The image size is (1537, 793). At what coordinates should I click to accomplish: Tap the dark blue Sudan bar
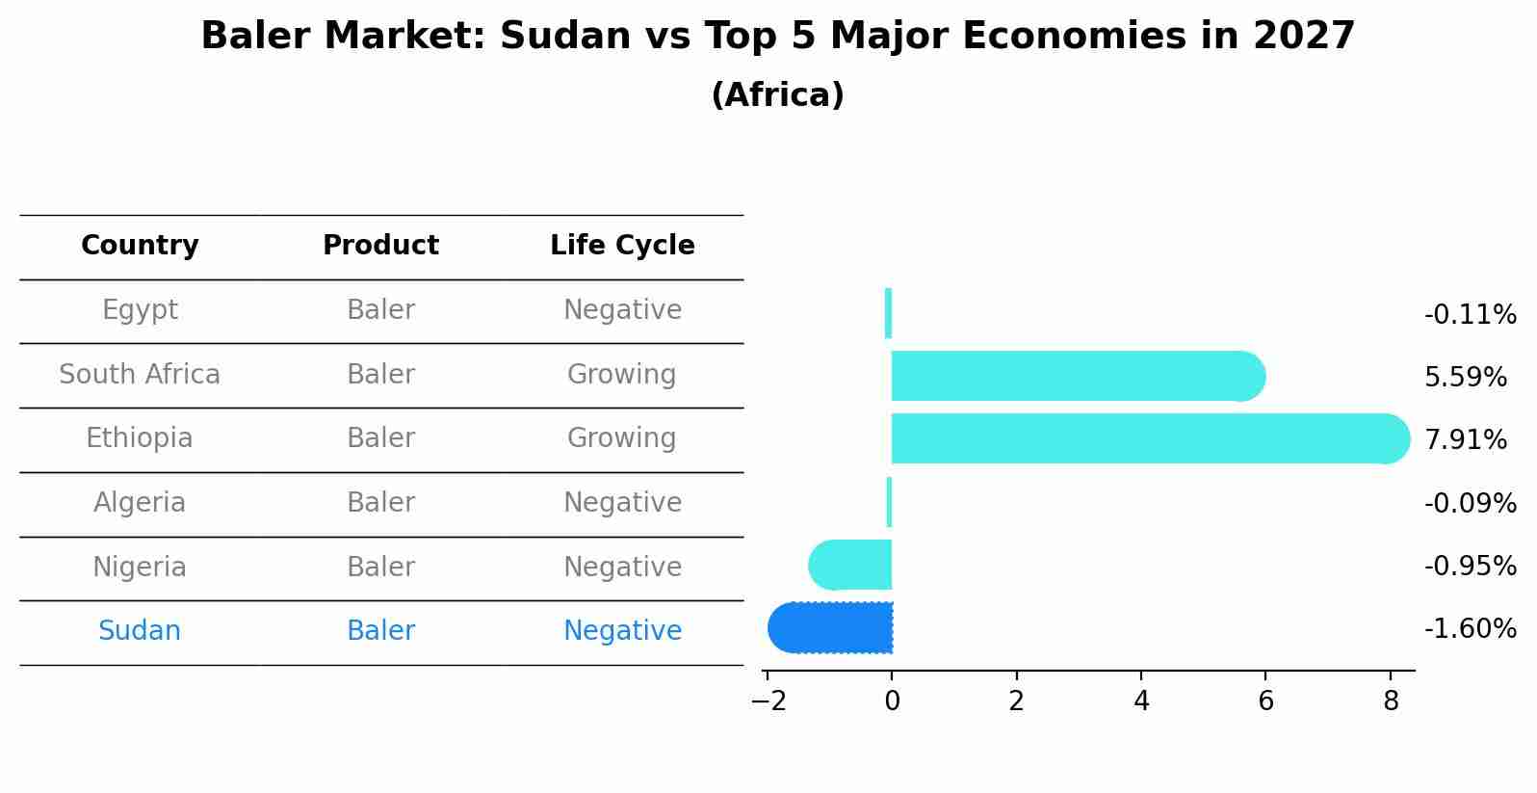833,627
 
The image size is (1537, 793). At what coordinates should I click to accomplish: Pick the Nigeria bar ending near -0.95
852,565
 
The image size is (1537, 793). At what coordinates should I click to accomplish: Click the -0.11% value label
1470,315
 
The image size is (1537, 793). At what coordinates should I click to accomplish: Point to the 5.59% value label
1465,378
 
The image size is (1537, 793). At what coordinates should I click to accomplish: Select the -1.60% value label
1470,629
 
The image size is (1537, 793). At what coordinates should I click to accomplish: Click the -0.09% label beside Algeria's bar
1470,503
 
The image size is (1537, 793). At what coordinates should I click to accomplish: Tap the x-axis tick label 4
1141,701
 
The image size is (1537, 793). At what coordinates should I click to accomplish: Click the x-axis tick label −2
768,701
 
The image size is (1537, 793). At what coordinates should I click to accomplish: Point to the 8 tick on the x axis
1390,701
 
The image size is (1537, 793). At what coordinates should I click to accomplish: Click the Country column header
140,246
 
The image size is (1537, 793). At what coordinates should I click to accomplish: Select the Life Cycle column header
622,246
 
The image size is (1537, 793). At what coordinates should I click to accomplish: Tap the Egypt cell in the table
140,310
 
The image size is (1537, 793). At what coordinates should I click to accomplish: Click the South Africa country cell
140,375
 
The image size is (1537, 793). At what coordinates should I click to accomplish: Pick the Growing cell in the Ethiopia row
621,438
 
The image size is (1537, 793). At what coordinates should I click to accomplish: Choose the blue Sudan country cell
140,631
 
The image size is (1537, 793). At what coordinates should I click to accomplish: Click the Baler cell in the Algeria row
380,503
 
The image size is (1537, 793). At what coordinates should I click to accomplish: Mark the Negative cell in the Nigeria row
622,568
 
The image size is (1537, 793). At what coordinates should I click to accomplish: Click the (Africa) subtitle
777,95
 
